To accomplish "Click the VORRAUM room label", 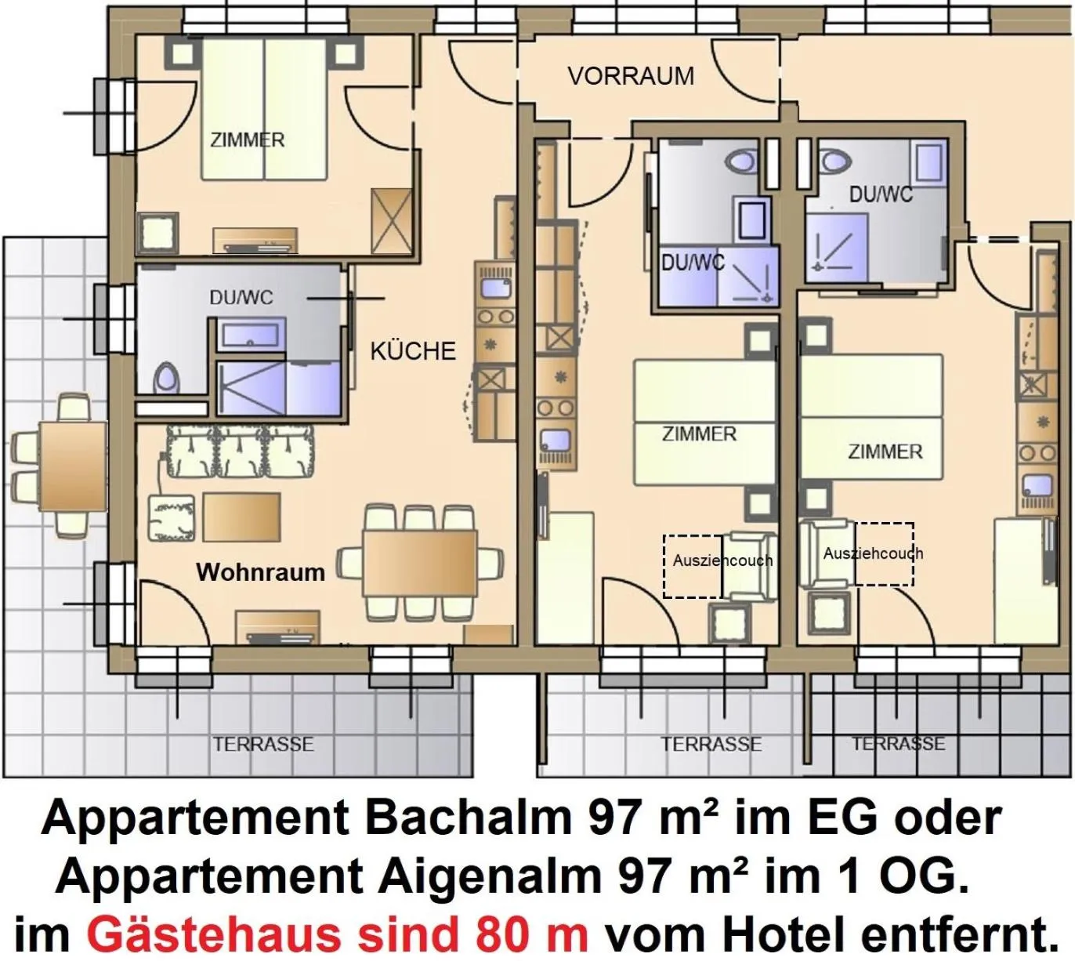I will [631, 76].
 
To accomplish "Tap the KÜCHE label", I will [413, 350].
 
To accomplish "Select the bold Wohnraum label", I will [260, 572].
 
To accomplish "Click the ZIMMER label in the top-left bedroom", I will [248, 140].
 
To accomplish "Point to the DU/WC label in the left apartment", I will [241, 298].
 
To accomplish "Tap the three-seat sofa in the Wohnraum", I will [241, 452].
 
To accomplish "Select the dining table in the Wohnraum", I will [420, 563].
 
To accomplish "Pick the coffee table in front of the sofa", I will [241, 517].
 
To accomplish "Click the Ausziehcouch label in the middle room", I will [722, 560].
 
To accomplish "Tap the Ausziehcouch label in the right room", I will [873, 553].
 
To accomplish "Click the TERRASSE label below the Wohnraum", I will [263, 744].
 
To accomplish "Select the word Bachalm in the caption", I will [469, 818].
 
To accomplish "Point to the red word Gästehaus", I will [214, 934].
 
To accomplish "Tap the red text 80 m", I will [531, 934].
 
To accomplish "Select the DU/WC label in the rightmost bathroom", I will [881, 194].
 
